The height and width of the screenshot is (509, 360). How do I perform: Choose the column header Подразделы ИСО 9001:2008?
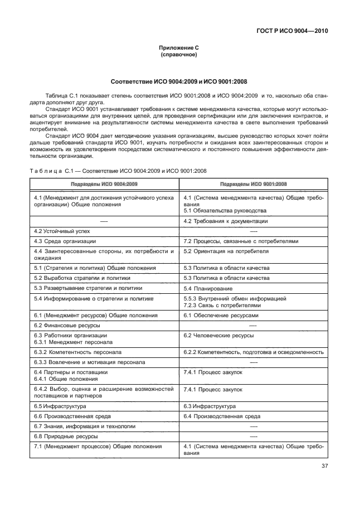[x=254, y=183]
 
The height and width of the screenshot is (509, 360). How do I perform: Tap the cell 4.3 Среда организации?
[x=65, y=241]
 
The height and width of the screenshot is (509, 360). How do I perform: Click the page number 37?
[x=324, y=467]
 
